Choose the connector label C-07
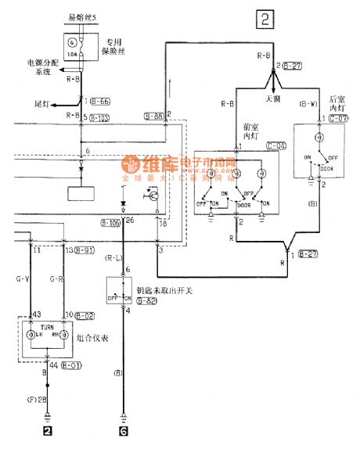click(x=337, y=118)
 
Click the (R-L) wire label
click(x=114, y=256)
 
